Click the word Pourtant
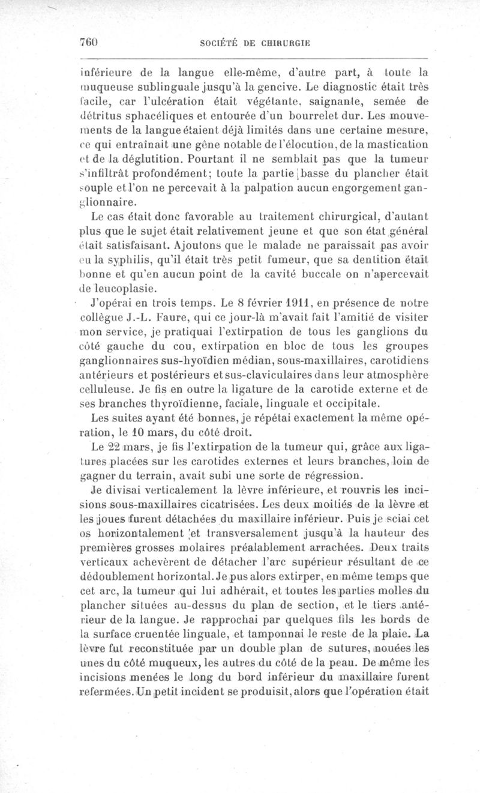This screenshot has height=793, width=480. pos(214,161)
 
